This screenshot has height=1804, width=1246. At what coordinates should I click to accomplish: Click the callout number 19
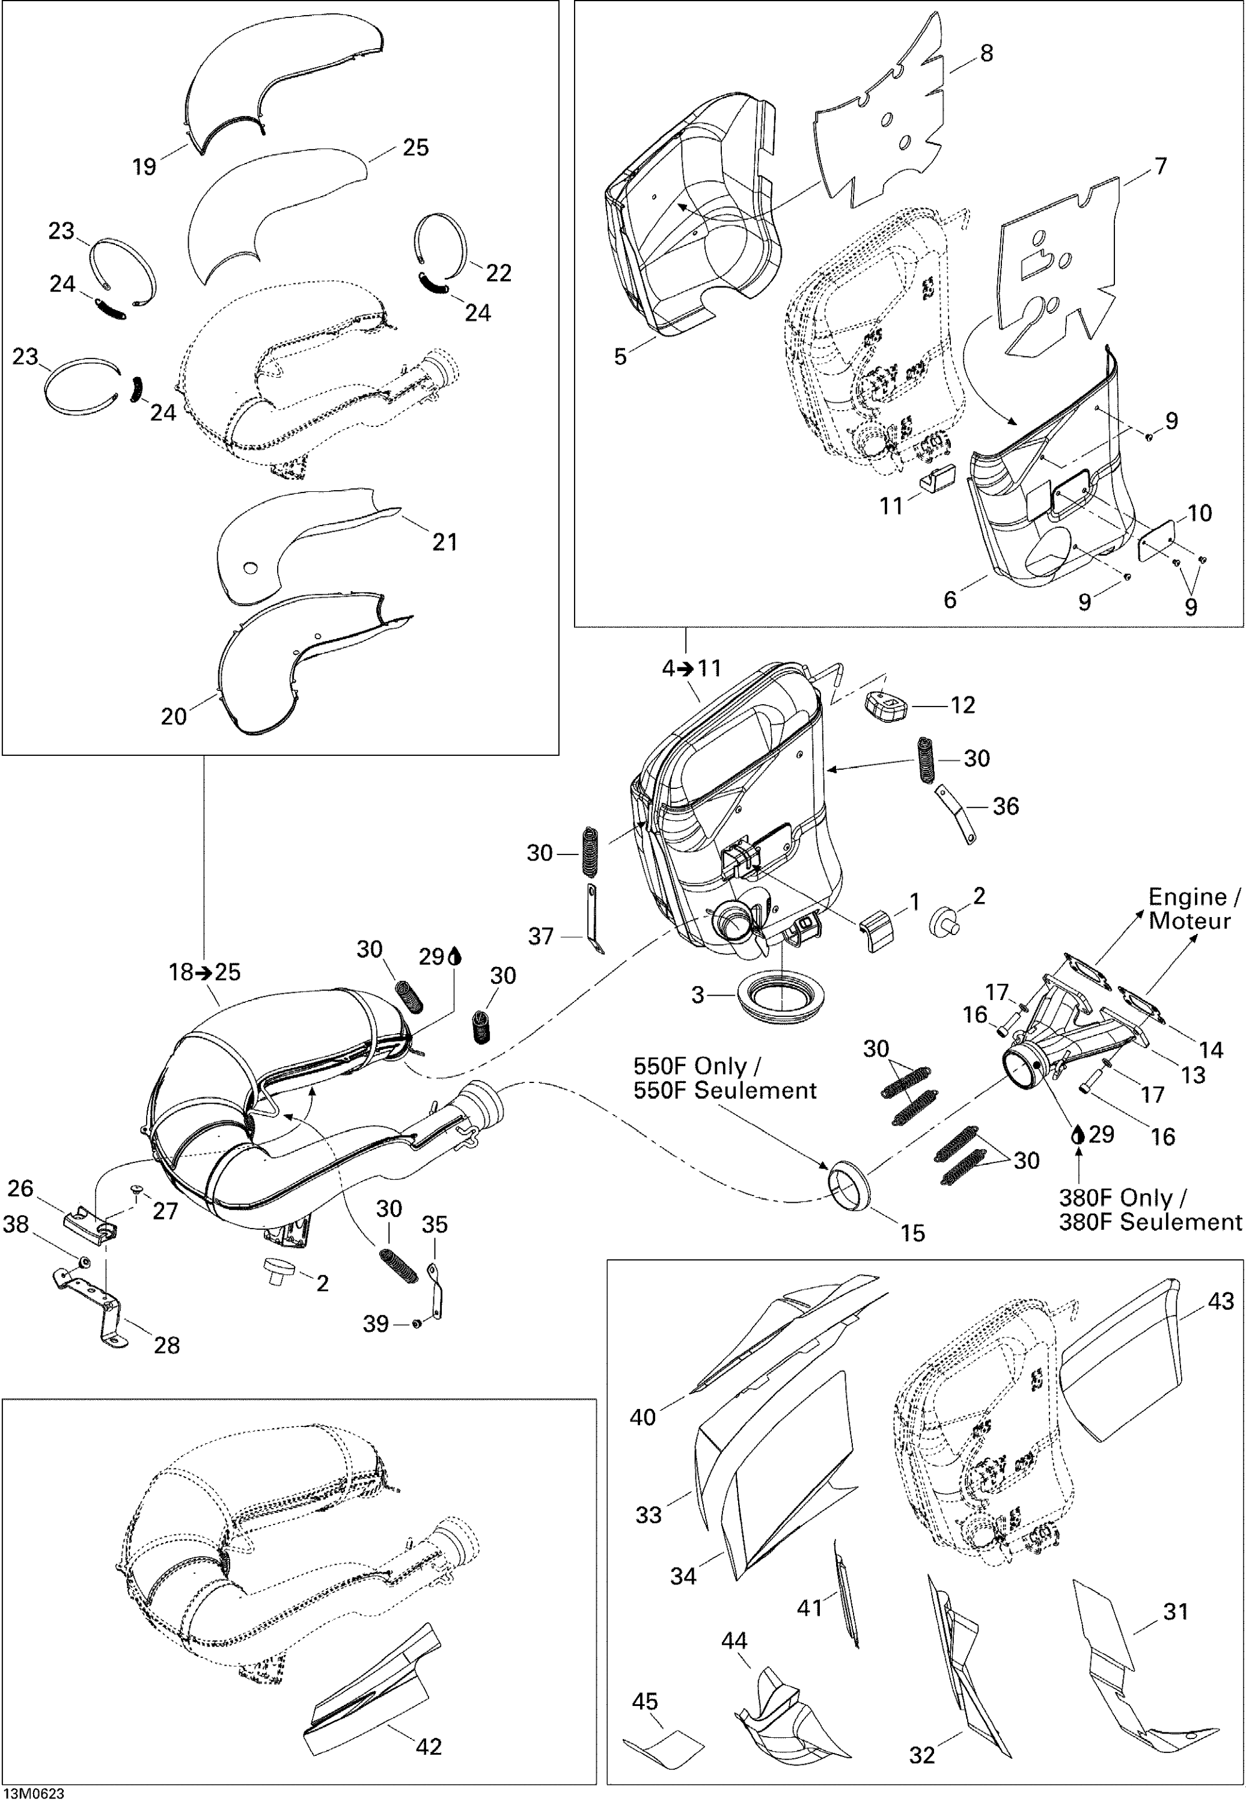tap(144, 167)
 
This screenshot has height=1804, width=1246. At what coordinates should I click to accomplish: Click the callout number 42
tap(429, 1746)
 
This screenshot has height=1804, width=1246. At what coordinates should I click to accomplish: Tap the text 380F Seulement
tap(1149, 1222)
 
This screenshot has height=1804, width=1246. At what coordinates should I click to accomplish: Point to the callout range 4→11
tap(692, 669)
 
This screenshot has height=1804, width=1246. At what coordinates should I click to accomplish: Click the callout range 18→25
tap(204, 972)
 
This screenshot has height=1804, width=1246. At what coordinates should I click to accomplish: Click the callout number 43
tap(1221, 1301)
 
